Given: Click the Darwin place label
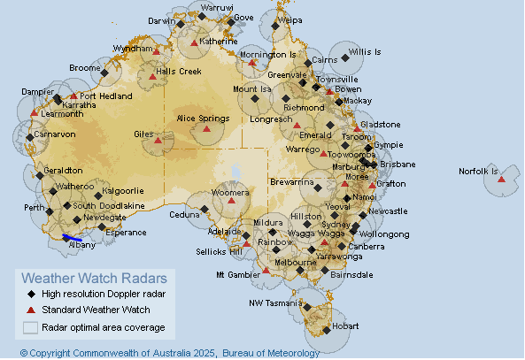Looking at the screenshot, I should pos(161,20).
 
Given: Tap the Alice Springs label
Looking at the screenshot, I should pos(204,118).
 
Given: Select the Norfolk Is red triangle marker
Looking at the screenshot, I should pos(502,180).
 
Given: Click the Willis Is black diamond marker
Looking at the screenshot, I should pos(345,57).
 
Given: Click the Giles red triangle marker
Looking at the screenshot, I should pos(158,141).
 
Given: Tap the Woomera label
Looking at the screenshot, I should pos(231,192).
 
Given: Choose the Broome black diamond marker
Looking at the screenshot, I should pos(104,73).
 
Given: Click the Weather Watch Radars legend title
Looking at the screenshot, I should pos(93,278).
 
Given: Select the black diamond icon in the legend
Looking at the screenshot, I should pos(31,294).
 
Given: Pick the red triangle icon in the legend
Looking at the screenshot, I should pos(31,310).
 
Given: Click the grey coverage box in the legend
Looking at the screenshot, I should pos(31,326).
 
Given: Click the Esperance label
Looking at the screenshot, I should pos(126,233).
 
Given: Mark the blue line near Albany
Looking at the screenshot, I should pos(73,238).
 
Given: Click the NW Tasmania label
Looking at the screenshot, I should pos(277,303).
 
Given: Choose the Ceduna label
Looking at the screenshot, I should pos(184,214).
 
